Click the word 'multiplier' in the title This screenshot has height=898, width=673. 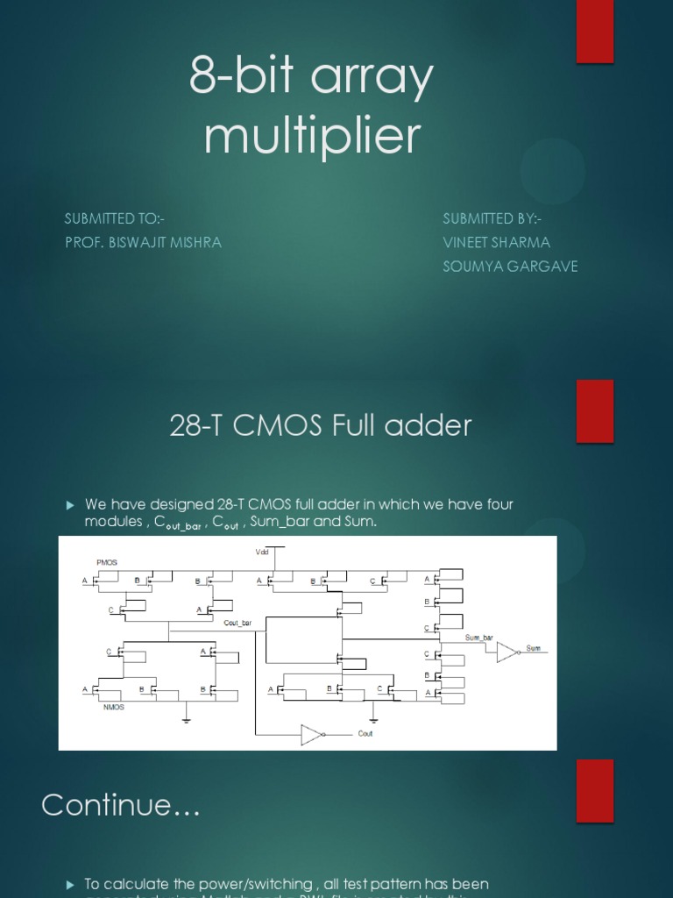312,137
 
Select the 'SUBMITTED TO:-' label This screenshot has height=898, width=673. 115,218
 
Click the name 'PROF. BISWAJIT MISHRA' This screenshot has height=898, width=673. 143,242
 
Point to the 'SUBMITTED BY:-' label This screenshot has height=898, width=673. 492,218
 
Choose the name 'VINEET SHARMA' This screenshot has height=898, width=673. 497,242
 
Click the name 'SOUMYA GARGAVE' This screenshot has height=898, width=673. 510,266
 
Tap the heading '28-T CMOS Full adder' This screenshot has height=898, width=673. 320,425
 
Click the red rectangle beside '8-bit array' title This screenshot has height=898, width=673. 595,32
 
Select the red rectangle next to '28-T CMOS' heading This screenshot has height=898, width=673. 595,410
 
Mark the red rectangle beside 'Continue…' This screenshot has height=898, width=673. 595,790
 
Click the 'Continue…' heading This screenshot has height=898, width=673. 121,804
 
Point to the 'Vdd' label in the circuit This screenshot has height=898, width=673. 262,552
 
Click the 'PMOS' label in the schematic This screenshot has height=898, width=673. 106,561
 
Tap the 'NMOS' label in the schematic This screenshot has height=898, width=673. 114,707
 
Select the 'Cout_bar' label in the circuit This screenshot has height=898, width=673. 237,623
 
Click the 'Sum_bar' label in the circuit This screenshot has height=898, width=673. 478,638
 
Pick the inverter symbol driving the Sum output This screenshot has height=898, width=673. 507,652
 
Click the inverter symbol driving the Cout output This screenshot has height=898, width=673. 312,734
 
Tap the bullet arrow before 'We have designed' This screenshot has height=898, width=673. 72,504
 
